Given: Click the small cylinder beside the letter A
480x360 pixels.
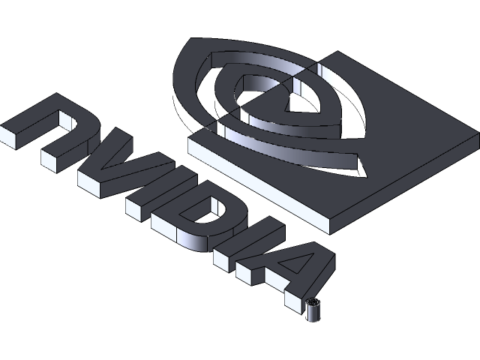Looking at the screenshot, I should [x=314, y=308].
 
